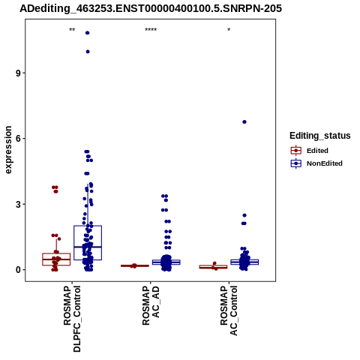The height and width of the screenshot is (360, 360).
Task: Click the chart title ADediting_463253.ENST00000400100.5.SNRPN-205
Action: click(x=151, y=9)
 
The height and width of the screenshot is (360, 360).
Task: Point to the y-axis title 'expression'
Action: click(x=8, y=150)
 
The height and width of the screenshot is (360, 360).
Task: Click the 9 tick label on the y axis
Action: click(x=18, y=73)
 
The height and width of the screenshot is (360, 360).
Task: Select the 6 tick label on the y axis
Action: click(x=18, y=139)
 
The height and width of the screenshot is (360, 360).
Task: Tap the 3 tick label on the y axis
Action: click(x=18, y=204)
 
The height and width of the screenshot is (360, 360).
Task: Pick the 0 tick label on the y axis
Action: click(x=18, y=270)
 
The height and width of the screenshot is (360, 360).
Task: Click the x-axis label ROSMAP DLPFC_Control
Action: click(x=72, y=319)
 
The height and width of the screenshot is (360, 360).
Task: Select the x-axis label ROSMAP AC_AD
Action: click(x=151, y=305)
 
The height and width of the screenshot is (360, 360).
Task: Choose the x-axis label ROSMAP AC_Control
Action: click(x=229, y=310)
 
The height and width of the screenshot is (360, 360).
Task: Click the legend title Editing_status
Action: click(x=320, y=136)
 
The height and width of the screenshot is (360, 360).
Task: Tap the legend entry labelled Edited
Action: click(x=310, y=151)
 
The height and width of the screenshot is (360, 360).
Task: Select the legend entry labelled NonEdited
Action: click(x=316, y=163)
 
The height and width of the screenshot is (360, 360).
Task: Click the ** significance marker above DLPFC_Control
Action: click(x=72, y=30)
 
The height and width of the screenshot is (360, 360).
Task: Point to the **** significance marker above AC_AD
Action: click(x=151, y=30)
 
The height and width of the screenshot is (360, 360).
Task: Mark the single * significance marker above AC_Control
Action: click(x=229, y=30)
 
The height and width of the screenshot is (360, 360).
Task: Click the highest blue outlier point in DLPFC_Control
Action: click(x=88, y=33)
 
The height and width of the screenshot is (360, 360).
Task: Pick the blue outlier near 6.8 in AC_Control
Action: click(x=244, y=121)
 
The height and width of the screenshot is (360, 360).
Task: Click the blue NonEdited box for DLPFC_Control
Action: click(x=88, y=243)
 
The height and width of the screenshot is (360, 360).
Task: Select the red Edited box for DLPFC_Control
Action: click(x=56, y=259)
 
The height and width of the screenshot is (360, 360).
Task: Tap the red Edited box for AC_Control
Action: click(x=213, y=267)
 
